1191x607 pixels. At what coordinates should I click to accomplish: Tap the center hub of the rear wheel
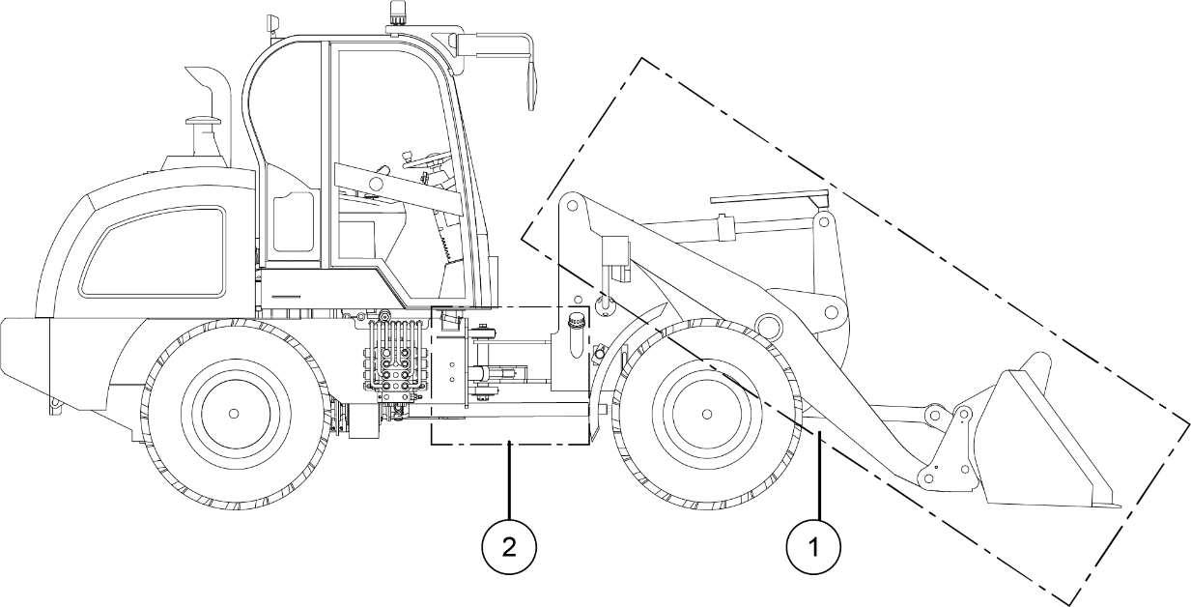click(x=234, y=413)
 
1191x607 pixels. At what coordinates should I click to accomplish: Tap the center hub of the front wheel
click(x=707, y=414)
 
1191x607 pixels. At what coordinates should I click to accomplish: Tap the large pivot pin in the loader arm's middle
click(x=768, y=323)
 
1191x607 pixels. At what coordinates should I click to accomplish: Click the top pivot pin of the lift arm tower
click(x=571, y=206)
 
